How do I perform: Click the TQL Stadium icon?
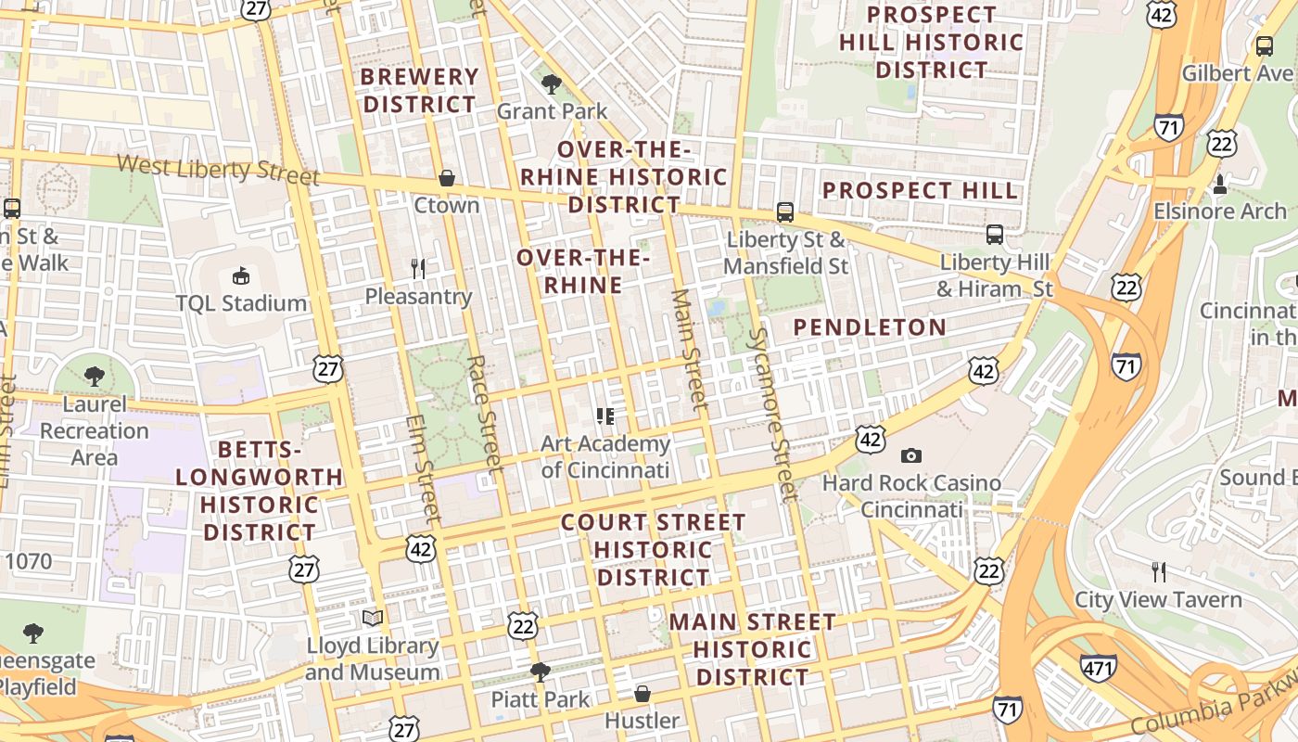pyautogui.click(x=241, y=275)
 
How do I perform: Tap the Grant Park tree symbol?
pyautogui.click(x=552, y=84)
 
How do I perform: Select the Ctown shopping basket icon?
pyautogui.click(x=447, y=177)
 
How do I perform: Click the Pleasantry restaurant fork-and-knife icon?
pyautogui.click(x=418, y=269)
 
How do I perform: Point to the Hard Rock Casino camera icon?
pyautogui.click(x=911, y=455)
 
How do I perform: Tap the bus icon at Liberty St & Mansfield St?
pyautogui.click(x=785, y=212)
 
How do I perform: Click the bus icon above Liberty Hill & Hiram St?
pyautogui.click(x=995, y=234)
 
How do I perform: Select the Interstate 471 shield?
pyautogui.click(x=1098, y=667)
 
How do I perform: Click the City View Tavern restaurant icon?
pyautogui.click(x=1158, y=571)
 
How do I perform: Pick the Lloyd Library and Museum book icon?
pyautogui.click(x=373, y=618)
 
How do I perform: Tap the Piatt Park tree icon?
pyautogui.click(x=540, y=672)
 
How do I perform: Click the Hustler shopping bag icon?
pyautogui.click(x=642, y=693)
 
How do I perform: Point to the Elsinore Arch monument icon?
pyautogui.click(x=1220, y=185)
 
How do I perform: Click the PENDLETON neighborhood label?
pyautogui.click(x=870, y=327)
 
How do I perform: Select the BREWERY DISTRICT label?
pyautogui.click(x=419, y=90)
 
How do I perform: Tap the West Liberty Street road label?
pyautogui.click(x=218, y=170)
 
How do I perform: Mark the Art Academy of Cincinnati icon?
pyautogui.click(x=605, y=416)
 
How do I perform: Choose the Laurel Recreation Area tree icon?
pyautogui.click(x=94, y=376)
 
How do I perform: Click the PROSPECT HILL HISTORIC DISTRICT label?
pyautogui.click(x=931, y=42)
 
